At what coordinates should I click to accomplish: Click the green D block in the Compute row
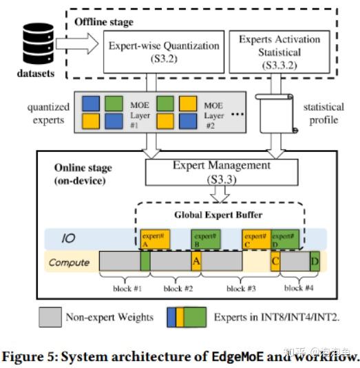pyautogui.click(x=314, y=262)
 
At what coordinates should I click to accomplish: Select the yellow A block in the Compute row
pyautogui.click(x=196, y=262)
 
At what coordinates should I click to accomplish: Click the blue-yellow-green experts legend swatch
pyautogui.click(x=186, y=317)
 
